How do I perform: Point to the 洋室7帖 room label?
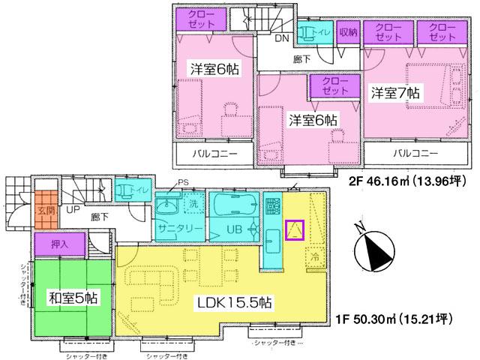click(395, 92)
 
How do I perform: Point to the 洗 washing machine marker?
click(191, 203)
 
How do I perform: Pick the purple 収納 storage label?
click(347, 31)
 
